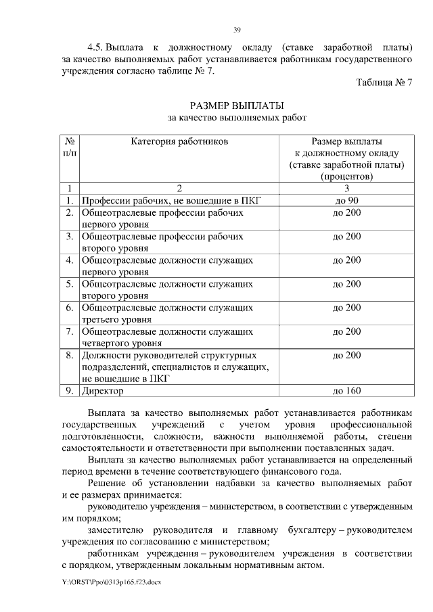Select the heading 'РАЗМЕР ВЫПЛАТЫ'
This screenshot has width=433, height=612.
point(237,105)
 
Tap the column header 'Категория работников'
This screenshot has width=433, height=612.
point(180,142)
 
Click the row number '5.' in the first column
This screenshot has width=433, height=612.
point(70,284)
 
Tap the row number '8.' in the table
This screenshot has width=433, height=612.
point(70,354)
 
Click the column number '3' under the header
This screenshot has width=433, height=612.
point(346,188)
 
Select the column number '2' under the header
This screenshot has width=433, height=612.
point(180,188)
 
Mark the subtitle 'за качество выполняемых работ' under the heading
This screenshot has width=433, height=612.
point(237,118)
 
